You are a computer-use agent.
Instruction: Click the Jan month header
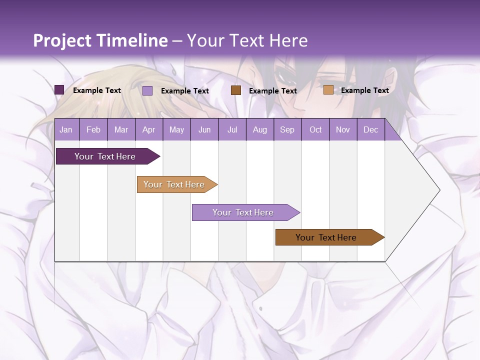(66, 130)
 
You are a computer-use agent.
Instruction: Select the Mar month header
(121, 130)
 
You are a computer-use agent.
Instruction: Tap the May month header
(176, 130)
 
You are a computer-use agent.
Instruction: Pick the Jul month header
(232, 130)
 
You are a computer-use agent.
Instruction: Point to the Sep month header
(287, 130)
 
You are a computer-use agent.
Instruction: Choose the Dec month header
(370, 130)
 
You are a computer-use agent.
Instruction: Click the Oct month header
(315, 130)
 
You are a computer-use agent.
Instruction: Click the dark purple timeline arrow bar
(105, 156)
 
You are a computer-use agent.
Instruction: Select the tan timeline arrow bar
(174, 184)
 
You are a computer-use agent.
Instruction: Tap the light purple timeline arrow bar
(243, 212)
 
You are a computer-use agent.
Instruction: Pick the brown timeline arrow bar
(326, 237)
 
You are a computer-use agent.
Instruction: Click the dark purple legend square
(59, 90)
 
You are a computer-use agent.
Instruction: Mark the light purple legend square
(147, 90)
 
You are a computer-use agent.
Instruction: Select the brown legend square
(236, 90)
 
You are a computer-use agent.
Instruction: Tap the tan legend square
(328, 90)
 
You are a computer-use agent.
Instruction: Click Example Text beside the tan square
(364, 90)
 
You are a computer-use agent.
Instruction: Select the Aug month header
(259, 130)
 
